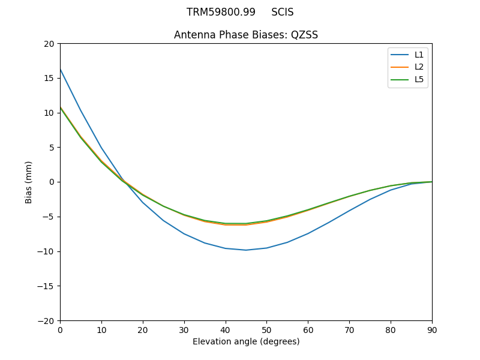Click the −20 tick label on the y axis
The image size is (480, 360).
coord(47,321)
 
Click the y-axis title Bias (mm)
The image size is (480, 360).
coord(29,182)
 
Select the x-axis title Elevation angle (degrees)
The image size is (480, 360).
coord(246,342)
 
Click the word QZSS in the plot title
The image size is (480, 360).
coord(304,35)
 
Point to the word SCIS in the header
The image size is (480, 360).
coord(283,13)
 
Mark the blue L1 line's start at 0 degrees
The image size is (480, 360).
coord(60,69)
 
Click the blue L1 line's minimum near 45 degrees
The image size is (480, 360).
coord(246,250)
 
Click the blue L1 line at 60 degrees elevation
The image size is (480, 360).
coord(308,234)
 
